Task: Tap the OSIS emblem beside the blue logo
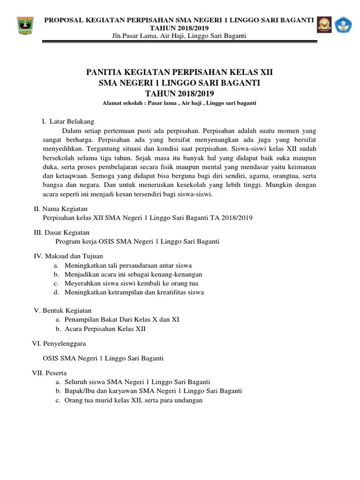pos(324,26)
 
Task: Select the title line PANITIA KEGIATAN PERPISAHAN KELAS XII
pos(180,73)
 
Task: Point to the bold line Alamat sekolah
pos(180,103)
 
